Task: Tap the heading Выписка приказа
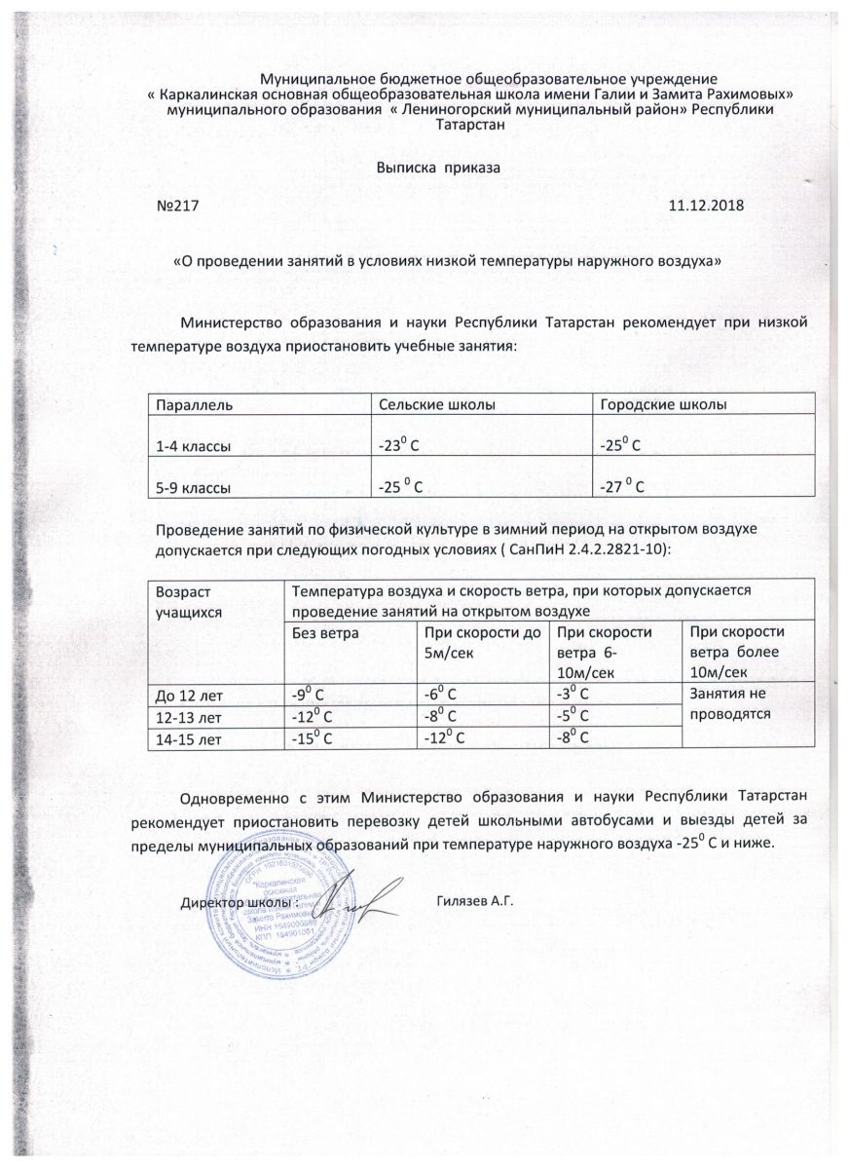[437, 167]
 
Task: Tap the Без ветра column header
[325, 633]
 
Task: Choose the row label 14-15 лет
[188, 739]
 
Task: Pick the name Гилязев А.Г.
[474, 901]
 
